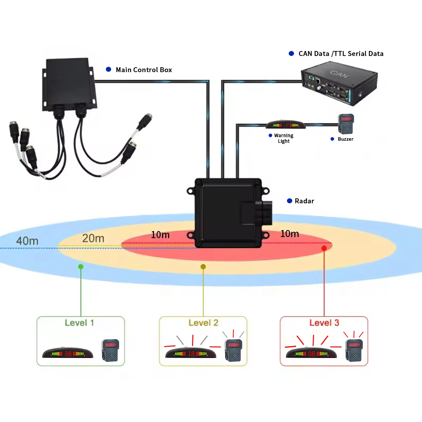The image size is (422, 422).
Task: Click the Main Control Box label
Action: point(144,70)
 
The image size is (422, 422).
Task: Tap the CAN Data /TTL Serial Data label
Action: point(341,53)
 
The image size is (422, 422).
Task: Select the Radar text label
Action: point(304,201)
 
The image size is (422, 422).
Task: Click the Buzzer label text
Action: point(345,139)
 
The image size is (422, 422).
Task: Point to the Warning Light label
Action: point(283,138)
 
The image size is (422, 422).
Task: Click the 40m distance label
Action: point(27,241)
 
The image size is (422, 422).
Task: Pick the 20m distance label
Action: point(93,238)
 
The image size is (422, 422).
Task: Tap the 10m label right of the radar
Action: point(289,234)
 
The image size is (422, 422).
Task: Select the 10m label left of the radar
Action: point(160,235)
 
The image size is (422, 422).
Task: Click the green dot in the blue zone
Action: point(81,267)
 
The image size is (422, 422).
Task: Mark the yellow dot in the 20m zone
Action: point(203,267)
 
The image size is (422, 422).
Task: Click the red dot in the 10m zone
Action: point(324,248)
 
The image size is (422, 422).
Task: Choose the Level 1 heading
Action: point(79,323)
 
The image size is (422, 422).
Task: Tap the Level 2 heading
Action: point(203,323)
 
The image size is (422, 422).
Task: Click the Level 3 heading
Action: point(324,323)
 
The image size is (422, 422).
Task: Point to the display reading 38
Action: point(68,353)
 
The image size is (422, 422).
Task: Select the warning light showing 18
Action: point(191,353)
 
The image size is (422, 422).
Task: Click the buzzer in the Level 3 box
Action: point(354,350)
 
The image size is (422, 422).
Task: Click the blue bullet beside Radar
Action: point(289,201)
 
